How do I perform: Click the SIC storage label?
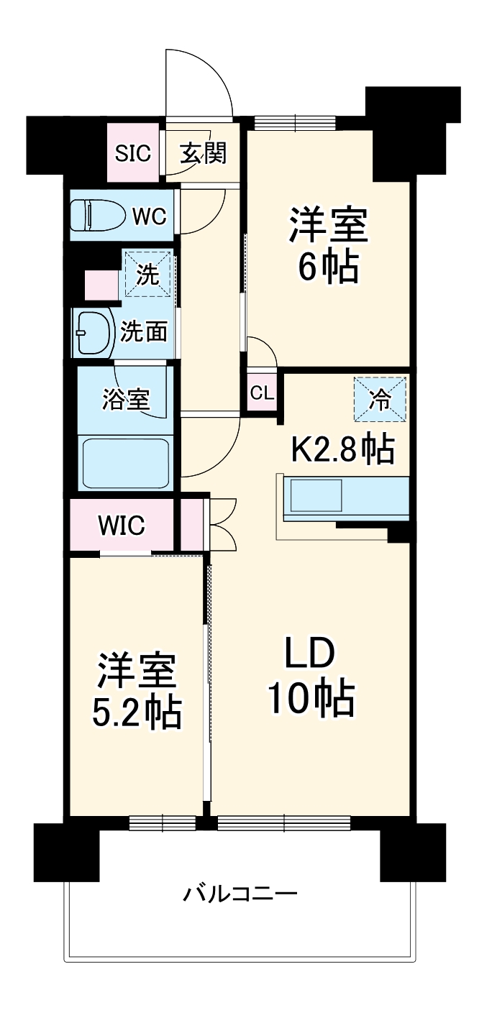(x=134, y=153)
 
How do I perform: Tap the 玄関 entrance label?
(x=203, y=152)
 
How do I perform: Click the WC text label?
(x=148, y=215)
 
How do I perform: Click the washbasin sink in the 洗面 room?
(x=94, y=332)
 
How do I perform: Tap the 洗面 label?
(x=144, y=331)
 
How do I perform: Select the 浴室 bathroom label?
(x=126, y=400)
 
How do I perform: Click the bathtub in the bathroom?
(x=125, y=463)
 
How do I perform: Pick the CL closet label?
(x=262, y=393)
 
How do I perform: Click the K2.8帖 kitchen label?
(x=342, y=449)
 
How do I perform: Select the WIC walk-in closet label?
(x=122, y=525)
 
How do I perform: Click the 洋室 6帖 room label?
(x=329, y=244)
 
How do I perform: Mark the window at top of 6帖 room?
(x=295, y=122)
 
